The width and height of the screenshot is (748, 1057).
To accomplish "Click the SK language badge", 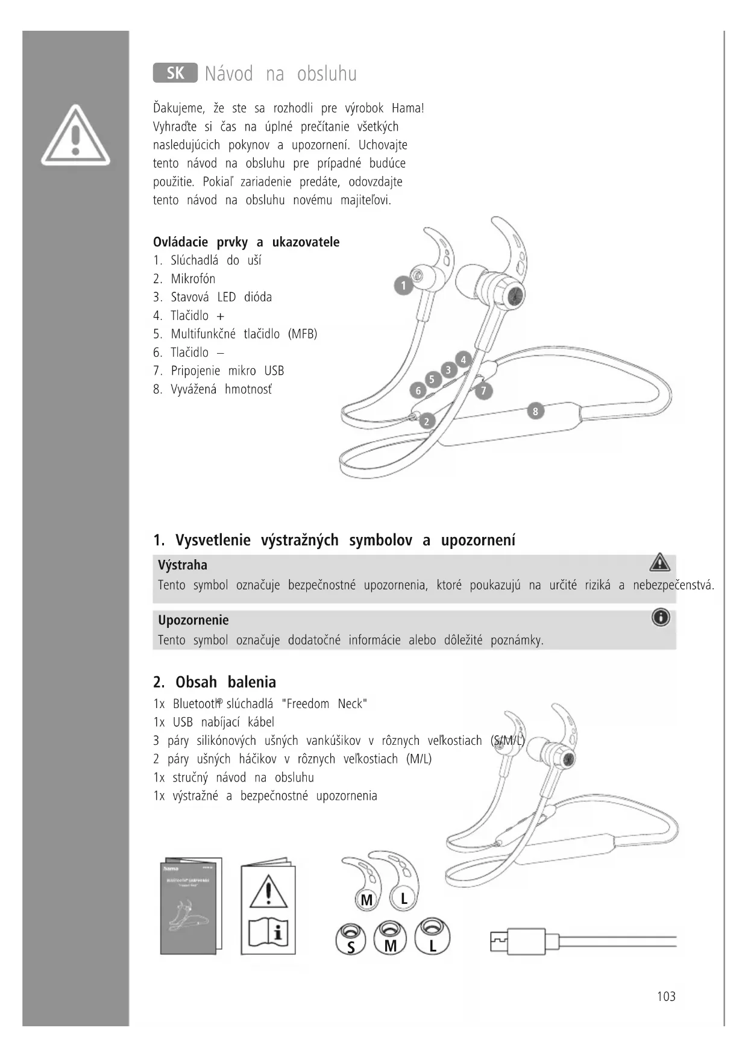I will pyautogui.click(x=175, y=73).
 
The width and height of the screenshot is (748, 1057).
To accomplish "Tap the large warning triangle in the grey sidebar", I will pyautogui.click(x=75, y=136).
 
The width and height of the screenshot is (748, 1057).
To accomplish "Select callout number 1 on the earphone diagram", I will pyautogui.click(x=403, y=285).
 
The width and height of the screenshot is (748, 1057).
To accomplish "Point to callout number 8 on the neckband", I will pyautogui.click(x=535, y=411).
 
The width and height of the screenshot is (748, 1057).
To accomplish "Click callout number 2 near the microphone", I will pyautogui.click(x=426, y=421).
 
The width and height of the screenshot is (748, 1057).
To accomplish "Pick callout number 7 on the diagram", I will pyautogui.click(x=483, y=390).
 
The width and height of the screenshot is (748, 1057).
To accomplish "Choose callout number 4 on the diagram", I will pyautogui.click(x=463, y=360).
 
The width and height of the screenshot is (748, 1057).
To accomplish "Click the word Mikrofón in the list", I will pyautogui.click(x=193, y=279).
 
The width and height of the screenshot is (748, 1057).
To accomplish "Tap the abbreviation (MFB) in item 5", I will pyautogui.click(x=303, y=334).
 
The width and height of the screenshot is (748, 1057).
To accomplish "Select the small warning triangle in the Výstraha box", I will pyautogui.click(x=660, y=562).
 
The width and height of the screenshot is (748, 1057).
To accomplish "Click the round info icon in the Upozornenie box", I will pyautogui.click(x=661, y=618).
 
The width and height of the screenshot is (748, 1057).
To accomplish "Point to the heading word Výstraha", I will pyautogui.click(x=183, y=565).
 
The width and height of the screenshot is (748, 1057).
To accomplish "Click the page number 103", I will pyautogui.click(x=666, y=997).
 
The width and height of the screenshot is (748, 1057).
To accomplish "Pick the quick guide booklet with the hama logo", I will pyautogui.click(x=190, y=906).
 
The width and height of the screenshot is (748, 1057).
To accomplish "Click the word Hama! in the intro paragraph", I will pyautogui.click(x=408, y=108).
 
